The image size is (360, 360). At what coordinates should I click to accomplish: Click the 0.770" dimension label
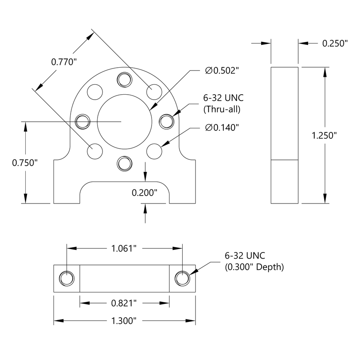[64, 62]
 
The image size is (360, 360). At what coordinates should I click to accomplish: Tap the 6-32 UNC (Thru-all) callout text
[223, 104]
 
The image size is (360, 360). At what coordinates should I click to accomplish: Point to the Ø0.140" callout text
[222, 127]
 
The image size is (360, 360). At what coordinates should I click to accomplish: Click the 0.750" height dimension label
[24, 163]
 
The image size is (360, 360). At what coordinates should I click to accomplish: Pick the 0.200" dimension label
[144, 193]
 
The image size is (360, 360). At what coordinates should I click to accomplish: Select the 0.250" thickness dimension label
[334, 43]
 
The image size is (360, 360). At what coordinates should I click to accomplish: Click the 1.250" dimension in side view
[324, 135]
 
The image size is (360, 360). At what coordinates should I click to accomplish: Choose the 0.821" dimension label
[124, 304]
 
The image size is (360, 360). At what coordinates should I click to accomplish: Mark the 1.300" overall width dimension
[124, 321]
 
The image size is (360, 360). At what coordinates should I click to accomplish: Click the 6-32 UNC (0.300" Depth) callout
[254, 261]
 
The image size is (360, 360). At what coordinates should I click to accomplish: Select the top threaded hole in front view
[124, 79]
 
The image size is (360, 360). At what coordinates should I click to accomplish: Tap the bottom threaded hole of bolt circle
[124, 164]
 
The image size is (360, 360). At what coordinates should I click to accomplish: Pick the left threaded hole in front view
[83, 121]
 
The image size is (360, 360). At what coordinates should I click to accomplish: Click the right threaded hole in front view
[167, 121]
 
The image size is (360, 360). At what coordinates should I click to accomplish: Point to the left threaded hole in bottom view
[66, 278]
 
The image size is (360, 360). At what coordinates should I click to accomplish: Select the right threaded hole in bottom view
[182, 278]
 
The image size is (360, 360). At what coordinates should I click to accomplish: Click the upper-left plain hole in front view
[95, 91]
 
